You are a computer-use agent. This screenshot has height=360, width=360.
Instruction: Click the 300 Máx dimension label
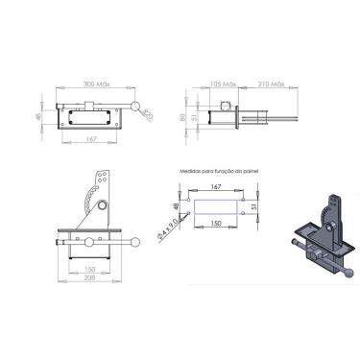tap(97, 84)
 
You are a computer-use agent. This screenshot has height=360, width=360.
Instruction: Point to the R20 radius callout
tap(148, 115)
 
